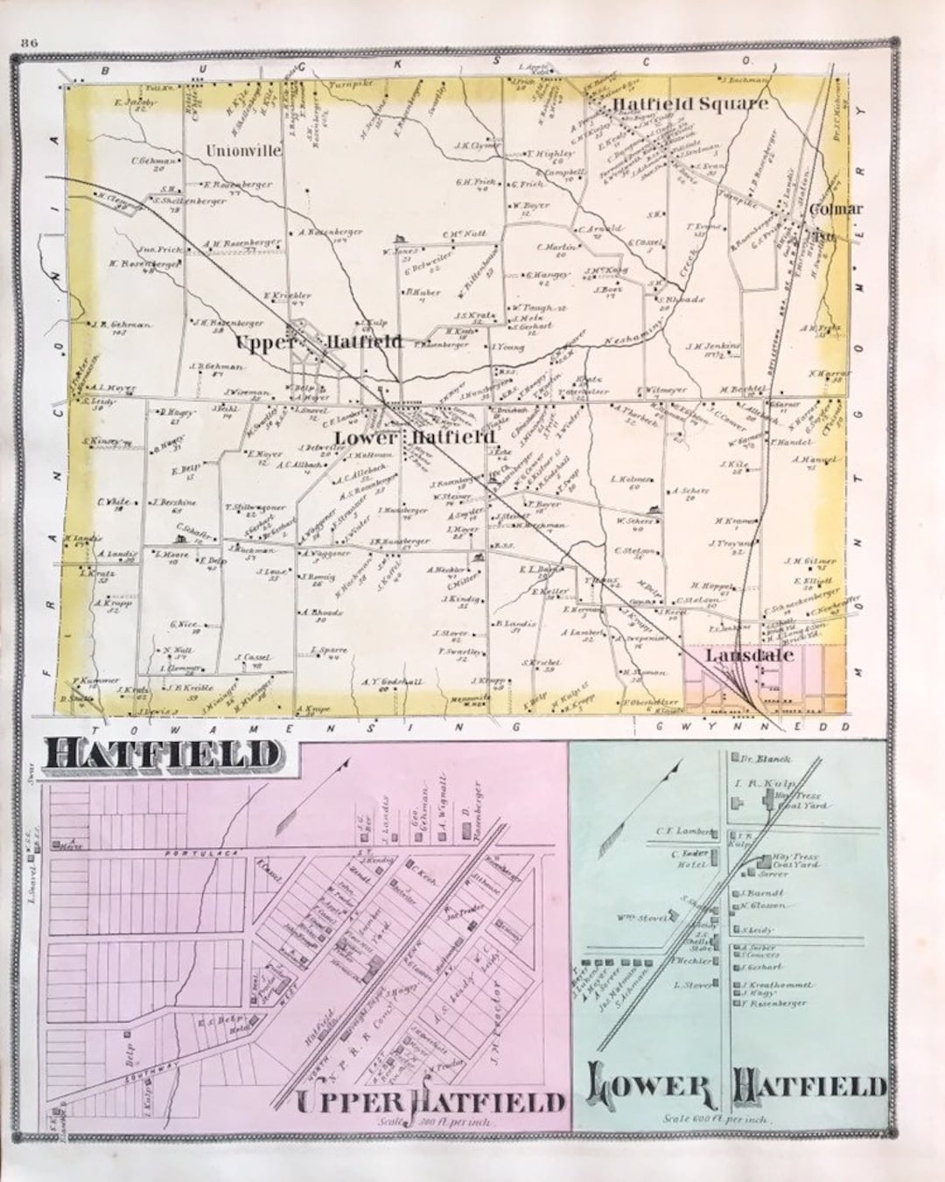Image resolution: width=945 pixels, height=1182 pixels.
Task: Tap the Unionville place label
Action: [244, 150]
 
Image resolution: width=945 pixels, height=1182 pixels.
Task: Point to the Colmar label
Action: [835, 209]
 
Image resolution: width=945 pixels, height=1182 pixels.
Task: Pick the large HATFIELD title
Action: [162, 754]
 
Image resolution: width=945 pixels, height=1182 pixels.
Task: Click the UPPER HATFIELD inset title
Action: [428, 1102]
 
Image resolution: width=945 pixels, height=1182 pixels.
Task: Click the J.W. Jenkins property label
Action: [713, 346]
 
